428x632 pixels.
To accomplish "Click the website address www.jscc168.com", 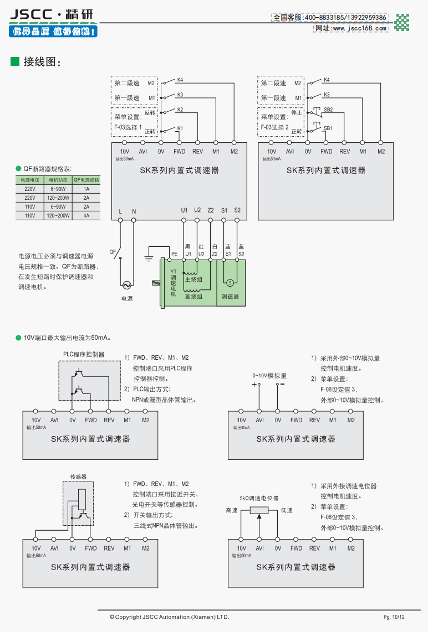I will point(350,28).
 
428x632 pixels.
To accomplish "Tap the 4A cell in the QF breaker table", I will point(86,216).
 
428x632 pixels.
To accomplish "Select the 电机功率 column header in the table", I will point(58,180).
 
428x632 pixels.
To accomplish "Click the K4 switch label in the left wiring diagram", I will point(180,80).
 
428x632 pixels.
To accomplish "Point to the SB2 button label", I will point(328,110).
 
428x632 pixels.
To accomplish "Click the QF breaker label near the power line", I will point(113,251).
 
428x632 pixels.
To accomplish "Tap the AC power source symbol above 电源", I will point(126,285).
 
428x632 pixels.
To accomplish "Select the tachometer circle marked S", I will point(230,282).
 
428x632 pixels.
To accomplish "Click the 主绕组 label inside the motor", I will point(193,279).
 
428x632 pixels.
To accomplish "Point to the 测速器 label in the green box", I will point(230,297).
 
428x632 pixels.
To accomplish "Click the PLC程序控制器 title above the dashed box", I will point(84,354).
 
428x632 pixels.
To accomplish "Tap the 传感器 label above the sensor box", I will point(78,476).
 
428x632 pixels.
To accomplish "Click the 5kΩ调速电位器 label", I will point(259,498).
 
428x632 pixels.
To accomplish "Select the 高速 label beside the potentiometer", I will point(231,510).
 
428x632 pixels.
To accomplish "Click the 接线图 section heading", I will point(40,61).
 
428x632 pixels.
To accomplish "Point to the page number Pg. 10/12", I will point(394,617).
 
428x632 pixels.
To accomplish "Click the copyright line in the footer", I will point(169,617).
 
